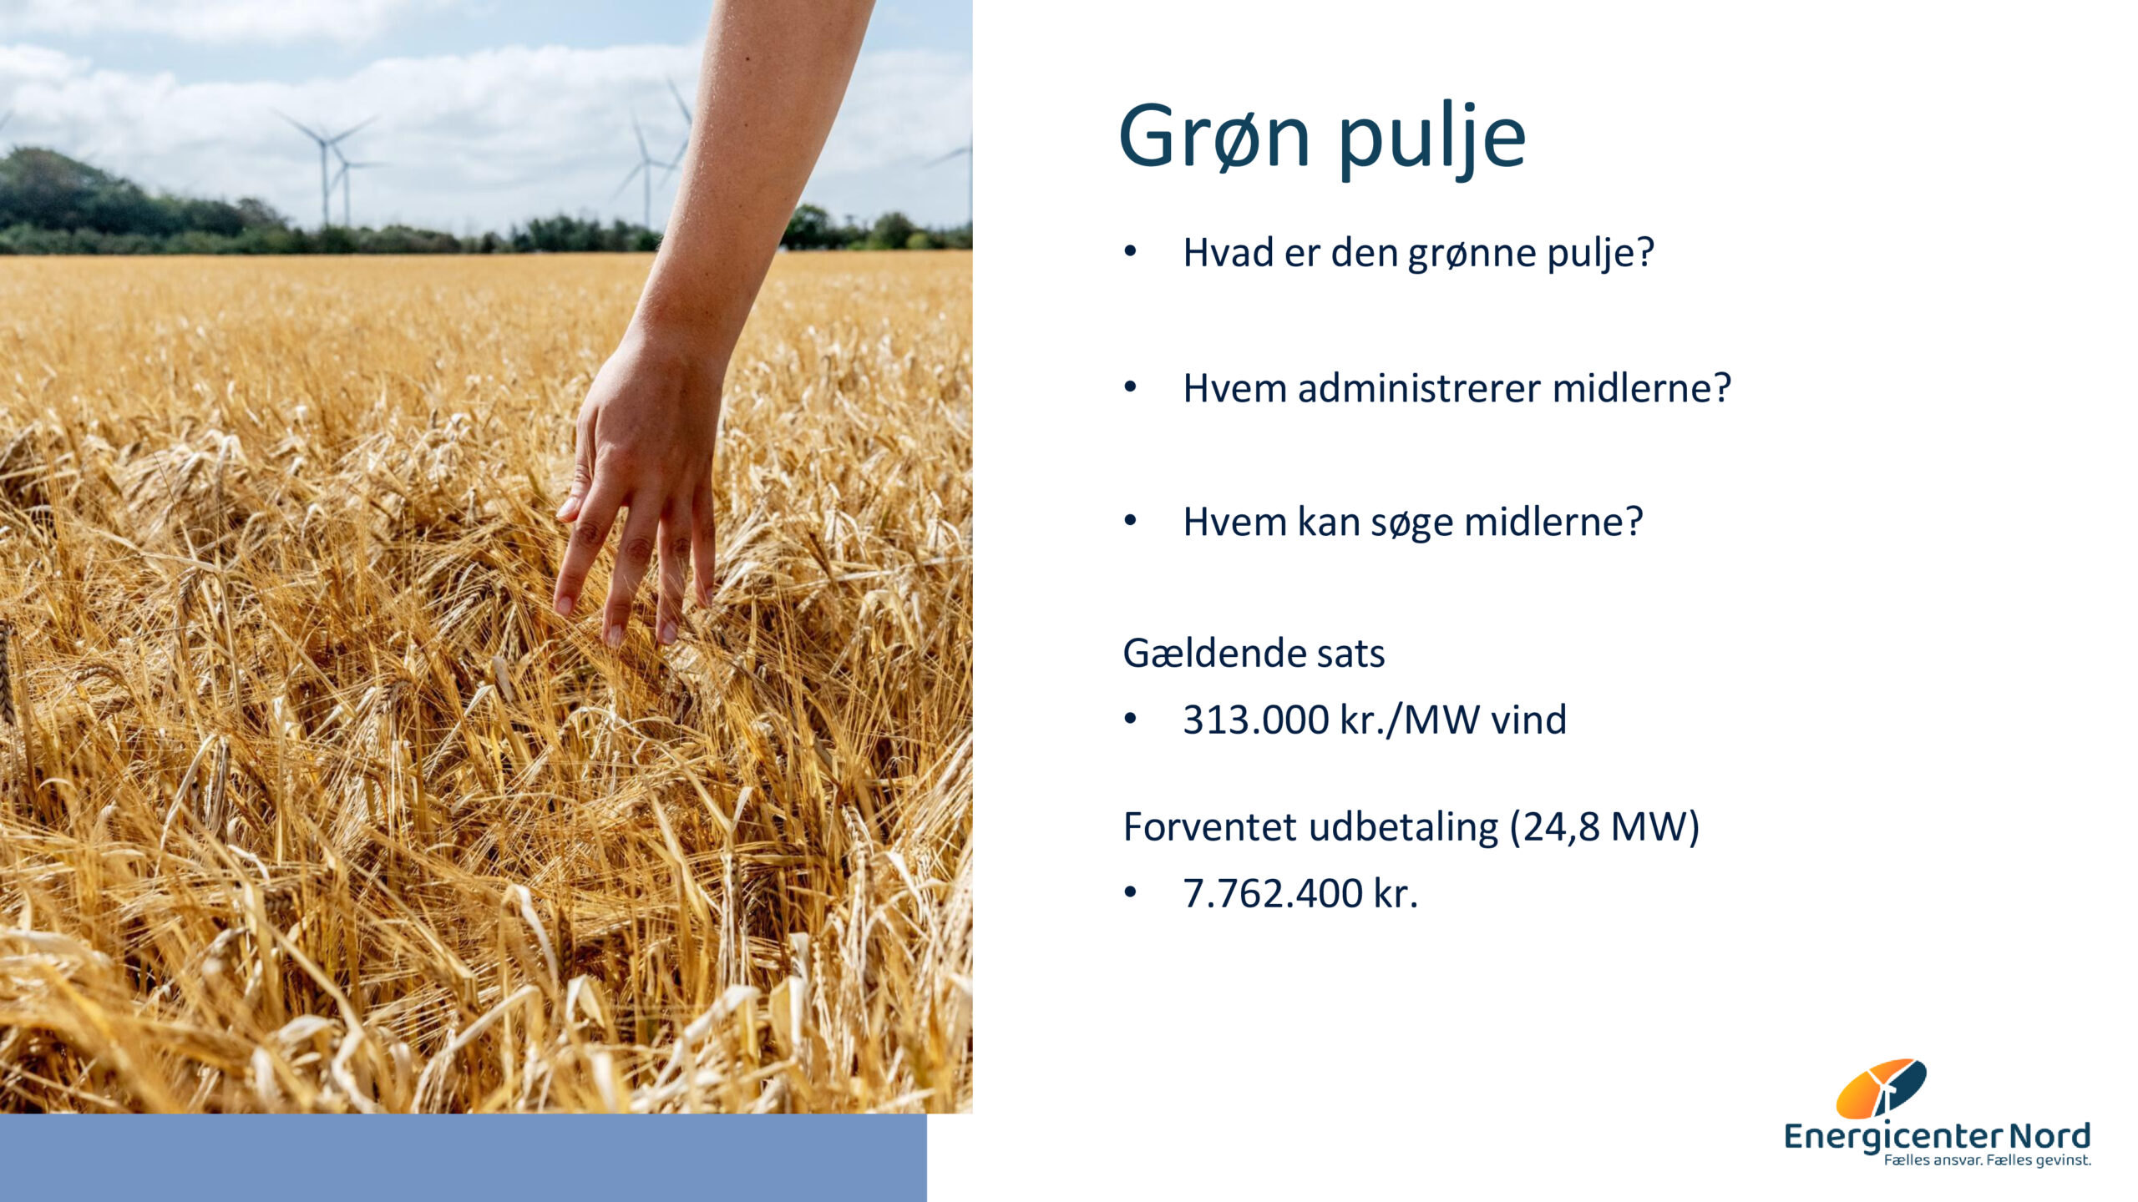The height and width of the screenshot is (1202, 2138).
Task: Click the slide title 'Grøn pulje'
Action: (x=1322, y=138)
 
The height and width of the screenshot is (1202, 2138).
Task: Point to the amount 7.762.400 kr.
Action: (x=1300, y=893)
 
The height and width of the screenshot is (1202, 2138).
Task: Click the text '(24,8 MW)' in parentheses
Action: (x=1604, y=827)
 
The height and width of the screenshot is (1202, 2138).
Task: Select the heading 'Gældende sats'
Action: (x=1254, y=653)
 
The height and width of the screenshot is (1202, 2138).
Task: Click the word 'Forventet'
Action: (x=1210, y=827)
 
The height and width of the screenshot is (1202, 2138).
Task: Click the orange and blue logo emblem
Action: (x=1881, y=1088)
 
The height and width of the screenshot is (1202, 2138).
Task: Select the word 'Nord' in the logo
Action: (x=2048, y=1136)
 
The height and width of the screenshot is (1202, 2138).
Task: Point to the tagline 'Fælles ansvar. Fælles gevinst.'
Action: (x=1987, y=1160)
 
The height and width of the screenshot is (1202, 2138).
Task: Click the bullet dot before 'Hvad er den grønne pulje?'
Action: (x=1131, y=251)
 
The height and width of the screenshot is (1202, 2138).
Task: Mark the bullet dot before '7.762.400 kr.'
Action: (x=1131, y=892)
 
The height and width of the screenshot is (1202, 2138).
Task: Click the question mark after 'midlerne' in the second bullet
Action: (x=1721, y=388)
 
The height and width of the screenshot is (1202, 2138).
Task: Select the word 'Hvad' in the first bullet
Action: (x=1228, y=253)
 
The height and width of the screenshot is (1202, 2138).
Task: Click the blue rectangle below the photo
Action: (x=464, y=1158)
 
